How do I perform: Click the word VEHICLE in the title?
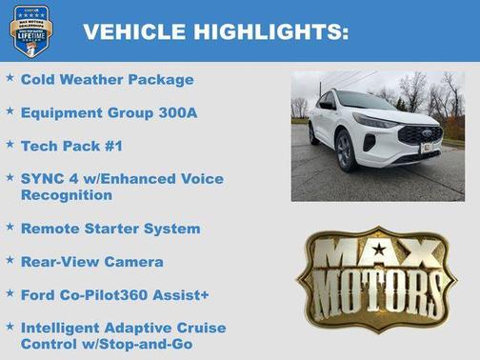134,31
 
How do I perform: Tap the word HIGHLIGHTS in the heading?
269,31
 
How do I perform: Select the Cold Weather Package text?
107,79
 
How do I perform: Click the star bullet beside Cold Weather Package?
10,77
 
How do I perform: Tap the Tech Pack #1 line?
72,145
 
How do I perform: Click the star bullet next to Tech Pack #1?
10,144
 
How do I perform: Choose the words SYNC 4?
47,178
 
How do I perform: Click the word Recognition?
67,194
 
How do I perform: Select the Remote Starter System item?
110,229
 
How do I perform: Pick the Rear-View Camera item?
91,261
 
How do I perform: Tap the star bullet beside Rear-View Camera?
10,260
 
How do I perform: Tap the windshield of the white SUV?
366,101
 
